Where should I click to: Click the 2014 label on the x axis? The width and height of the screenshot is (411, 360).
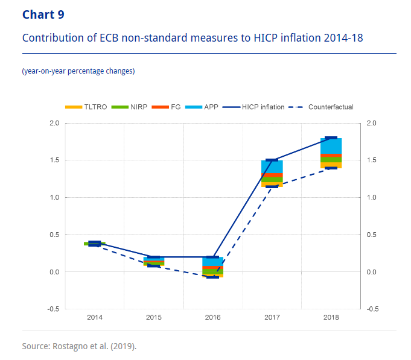(x=94, y=317)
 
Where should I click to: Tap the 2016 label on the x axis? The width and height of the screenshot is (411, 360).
(x=212, y=317)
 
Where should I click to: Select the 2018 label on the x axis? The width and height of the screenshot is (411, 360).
(x=331, y=317)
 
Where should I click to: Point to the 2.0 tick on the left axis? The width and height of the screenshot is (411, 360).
(x=54, y=123)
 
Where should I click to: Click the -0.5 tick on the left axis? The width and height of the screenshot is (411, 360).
(x=53, y=309)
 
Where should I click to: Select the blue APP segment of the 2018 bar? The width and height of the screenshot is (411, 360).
(x=331, y=146)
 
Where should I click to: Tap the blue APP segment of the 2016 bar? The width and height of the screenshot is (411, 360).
(x=212, y=262)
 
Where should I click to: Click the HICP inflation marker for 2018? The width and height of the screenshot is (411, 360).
(x=331, y=138)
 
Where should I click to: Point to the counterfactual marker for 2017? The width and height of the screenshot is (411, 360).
(x=272, y=186)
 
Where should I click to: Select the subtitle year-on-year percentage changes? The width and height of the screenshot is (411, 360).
(x=78, y=71)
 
